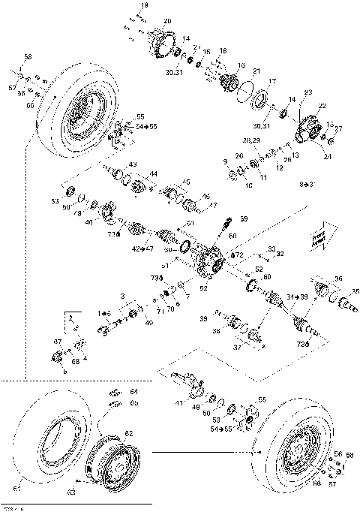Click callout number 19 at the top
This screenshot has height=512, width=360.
[145, 6]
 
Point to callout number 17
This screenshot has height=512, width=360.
[272, 81]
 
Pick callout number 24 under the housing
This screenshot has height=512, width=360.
[327, 157]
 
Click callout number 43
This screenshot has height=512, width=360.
[133, 164]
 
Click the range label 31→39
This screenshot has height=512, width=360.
[298, 297]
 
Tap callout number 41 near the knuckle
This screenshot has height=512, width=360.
[178, 404]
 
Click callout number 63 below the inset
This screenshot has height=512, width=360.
[72, 492]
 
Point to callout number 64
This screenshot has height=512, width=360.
[134, 391]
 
